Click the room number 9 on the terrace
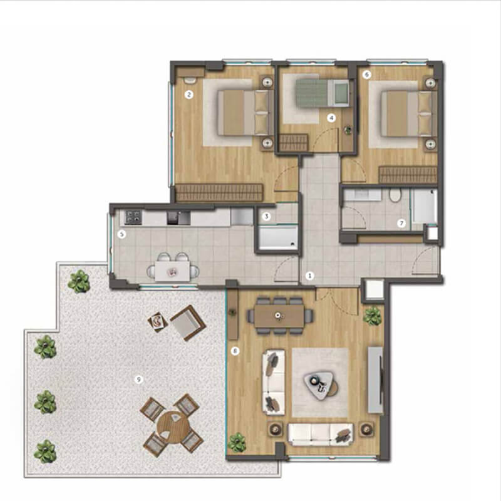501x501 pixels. click(138, 380)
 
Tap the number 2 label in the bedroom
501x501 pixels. click(189, 95)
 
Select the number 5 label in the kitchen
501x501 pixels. click(121, 234)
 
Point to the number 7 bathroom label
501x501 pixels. click(401, 223)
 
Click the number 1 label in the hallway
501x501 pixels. click(309, 276)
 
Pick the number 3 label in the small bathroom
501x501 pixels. click(266, 216)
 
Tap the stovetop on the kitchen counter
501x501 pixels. click(133, 217)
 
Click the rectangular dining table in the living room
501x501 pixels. click(279, 316)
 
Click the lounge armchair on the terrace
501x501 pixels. click(187, 323)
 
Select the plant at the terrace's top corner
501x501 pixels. click(79, 281)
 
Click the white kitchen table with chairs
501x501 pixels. click(173, 271)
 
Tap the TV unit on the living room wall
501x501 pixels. click(375, 380)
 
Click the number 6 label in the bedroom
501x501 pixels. click(366, 75)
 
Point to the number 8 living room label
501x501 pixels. click(235, 351)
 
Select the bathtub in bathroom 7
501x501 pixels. click(425, 207)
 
